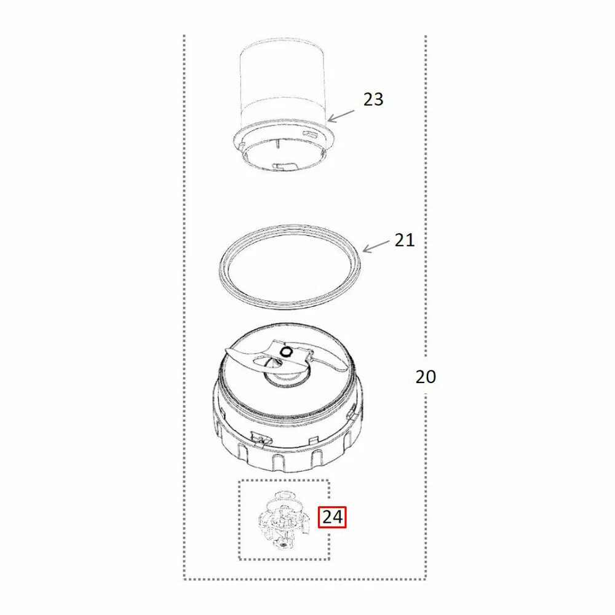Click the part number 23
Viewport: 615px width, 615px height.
coord(373,99)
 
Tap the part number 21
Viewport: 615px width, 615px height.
coord(404,240)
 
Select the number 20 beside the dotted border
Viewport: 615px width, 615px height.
coord(426,376)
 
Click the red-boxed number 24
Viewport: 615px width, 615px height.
coord(332,517)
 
